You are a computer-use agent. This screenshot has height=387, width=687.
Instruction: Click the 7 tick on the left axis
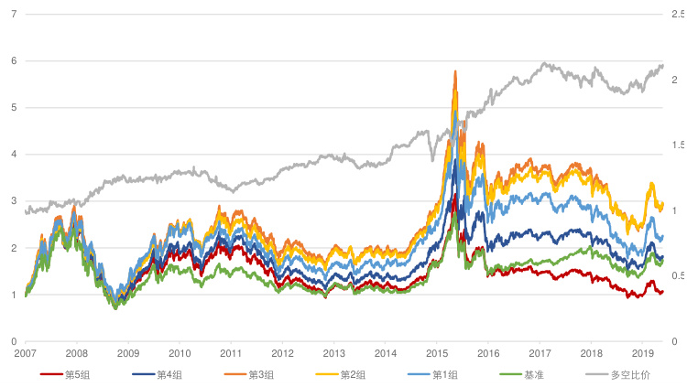coord(14,14)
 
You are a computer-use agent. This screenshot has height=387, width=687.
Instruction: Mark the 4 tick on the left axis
coord(14,154)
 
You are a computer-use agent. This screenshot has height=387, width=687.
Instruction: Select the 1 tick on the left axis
coord(14,295)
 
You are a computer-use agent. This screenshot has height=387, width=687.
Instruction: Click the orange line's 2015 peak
coord(455,70)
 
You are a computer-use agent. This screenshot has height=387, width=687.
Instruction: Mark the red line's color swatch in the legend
coord(51,374)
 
